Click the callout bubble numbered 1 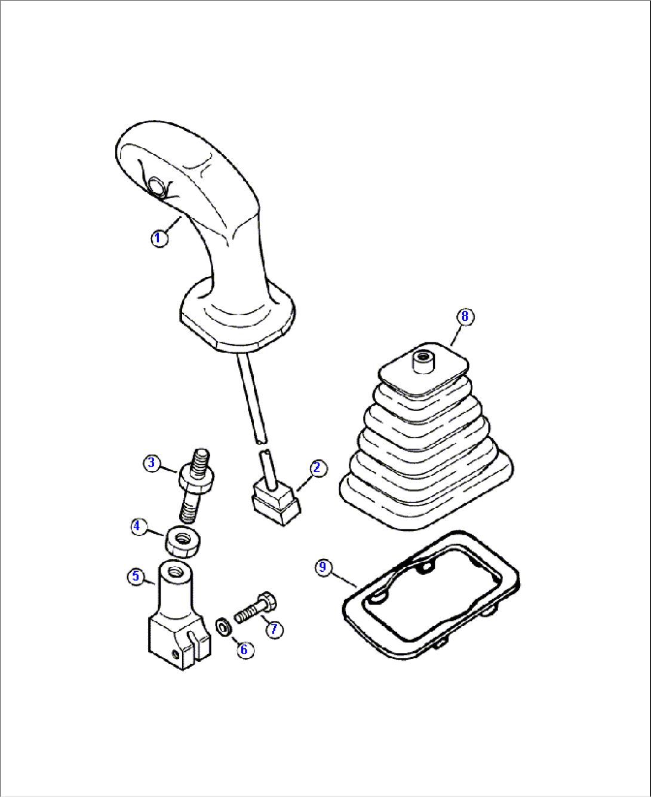point(158,239)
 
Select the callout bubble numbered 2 point(317,468)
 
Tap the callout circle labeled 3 point(152,462)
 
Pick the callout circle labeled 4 point(138,526)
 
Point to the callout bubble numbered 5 point(136,576)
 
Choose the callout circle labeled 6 point(244,649)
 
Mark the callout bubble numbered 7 point(274,629)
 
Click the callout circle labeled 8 point(465,316)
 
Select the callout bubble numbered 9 point(323,566)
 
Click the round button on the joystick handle point(158,187)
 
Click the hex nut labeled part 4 point(183,539)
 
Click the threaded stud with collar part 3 point(195,484)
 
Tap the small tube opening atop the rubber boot point(423,361)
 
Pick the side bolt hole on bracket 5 point(176,654)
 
